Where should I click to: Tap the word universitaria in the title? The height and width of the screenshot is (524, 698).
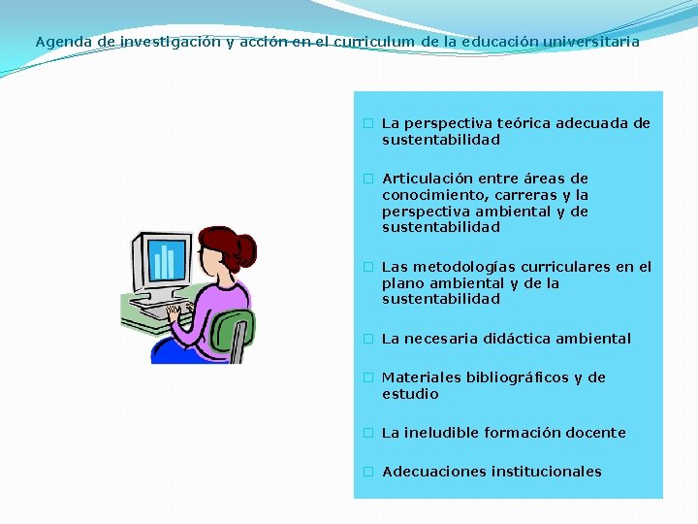point(591,43)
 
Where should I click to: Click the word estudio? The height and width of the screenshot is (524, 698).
point(410,394)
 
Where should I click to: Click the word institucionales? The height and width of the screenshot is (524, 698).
point(546,472)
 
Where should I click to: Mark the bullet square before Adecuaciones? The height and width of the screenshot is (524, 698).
point(368,472)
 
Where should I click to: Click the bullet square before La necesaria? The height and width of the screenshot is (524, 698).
point(368,339)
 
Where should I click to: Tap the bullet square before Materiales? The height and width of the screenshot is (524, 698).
point(368,377)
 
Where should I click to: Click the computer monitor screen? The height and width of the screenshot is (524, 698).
point(166,259)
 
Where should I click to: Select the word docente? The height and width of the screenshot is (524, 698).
point(594,433)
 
